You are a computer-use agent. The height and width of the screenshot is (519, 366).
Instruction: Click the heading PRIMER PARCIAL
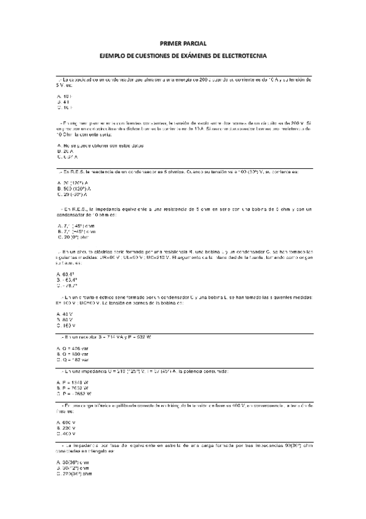(183, 43)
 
